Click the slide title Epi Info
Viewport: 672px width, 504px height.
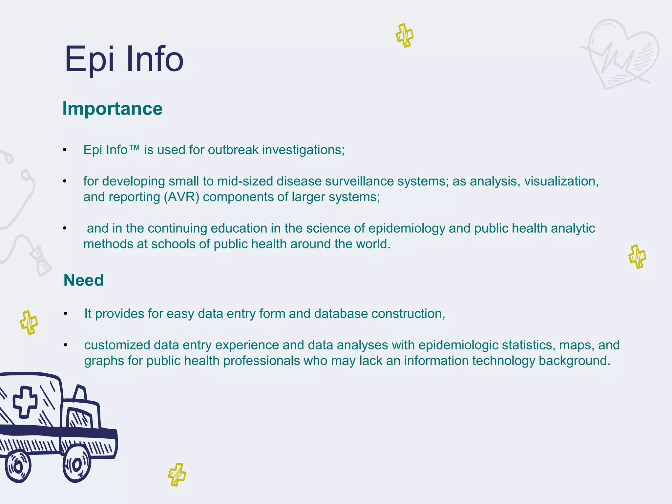(124, 59)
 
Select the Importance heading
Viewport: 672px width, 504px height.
(113, 109)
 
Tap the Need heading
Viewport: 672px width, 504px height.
(84, 280)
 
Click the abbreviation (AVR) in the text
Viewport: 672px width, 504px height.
(181, 197)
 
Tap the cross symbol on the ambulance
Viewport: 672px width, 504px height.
(25, 402)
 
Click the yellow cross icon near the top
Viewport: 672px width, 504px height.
(405, 35)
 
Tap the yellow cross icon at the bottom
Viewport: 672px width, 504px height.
(177, 474)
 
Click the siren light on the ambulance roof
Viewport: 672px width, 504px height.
(80, 392)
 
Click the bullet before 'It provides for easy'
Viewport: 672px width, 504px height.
(65, 314)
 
